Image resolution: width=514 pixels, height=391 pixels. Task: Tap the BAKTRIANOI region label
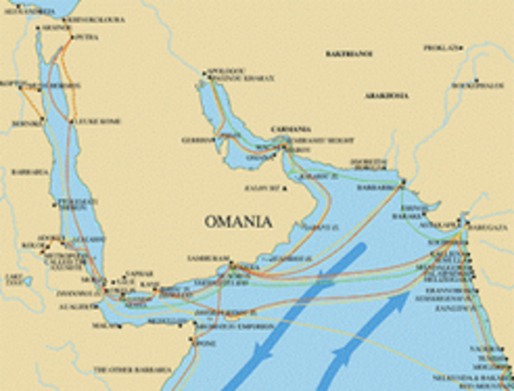click(349, 54)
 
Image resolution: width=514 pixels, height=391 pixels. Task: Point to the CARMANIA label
click(291, 129)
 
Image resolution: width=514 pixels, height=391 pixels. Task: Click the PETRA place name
click(86, 37)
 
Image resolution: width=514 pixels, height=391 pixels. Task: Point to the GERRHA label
click(196, 140)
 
